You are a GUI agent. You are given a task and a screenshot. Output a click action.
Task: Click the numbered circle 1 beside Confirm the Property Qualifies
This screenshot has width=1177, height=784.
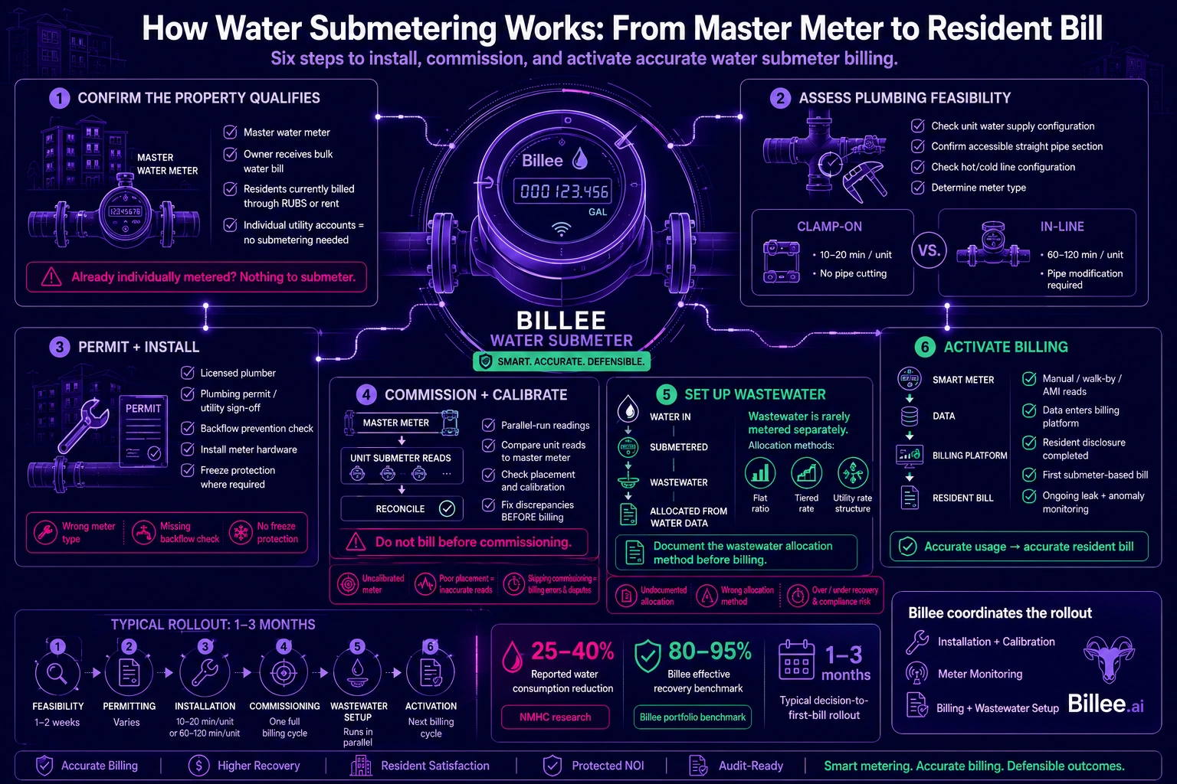click(59, 98)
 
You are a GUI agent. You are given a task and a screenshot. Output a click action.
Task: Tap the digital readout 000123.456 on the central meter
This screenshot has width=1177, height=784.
click(564, 191)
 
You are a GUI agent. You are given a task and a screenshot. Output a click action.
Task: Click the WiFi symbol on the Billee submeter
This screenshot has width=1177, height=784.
click(561, 229)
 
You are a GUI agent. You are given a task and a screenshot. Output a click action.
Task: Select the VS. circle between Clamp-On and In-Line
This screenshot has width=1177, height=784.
click(929, 250)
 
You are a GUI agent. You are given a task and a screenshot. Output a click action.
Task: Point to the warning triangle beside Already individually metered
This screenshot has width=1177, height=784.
click(51, 276)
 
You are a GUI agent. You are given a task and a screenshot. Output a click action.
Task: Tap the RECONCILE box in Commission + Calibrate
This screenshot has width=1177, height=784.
click(402, 508)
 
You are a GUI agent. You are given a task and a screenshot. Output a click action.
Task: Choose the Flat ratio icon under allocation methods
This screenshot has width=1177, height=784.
click(760, 472)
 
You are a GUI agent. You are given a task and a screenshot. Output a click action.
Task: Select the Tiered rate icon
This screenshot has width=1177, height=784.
click(806, 472)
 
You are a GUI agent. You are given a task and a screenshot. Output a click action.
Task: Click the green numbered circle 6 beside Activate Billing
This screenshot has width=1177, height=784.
click(925, 347)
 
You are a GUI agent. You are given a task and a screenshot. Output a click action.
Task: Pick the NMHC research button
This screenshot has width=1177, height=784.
click(556, 717)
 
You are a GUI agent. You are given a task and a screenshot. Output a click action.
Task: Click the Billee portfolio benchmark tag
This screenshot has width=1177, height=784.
click(693, 717)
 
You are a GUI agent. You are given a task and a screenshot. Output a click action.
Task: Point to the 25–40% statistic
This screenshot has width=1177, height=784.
click(572, 651)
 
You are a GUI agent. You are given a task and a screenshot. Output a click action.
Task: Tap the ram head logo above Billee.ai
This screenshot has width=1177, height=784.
click(1109, 659)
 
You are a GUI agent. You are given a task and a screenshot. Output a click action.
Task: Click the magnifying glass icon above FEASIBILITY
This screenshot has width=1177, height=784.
click(57, 673)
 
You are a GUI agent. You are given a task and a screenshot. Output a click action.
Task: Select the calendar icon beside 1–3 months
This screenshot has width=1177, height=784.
click(797, 659)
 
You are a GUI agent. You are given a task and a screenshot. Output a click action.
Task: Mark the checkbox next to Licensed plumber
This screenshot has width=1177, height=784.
click(188, 373)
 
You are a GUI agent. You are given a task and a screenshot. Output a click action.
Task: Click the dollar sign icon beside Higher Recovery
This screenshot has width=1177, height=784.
click(198, 766)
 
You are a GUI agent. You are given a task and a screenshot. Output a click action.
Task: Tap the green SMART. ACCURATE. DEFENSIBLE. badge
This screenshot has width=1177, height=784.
click(561, 361)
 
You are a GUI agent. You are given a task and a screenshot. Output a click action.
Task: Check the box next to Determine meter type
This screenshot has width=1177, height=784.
click(917, 188)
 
